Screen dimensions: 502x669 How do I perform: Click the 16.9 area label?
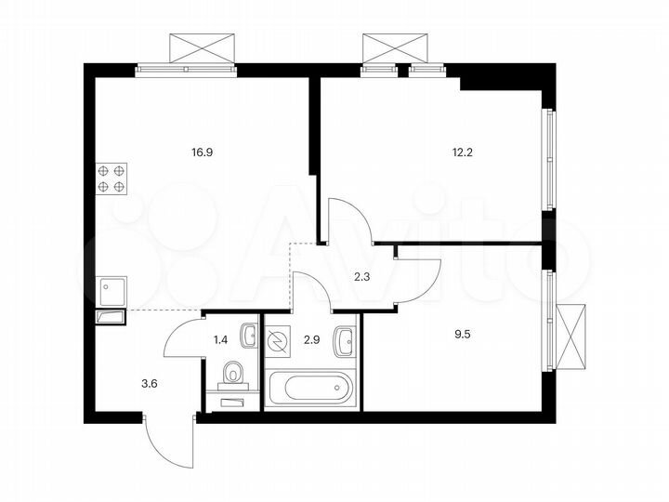[201, 146]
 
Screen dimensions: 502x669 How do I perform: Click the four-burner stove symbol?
[111, 178]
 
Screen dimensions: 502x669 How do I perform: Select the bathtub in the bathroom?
[310, 388]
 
